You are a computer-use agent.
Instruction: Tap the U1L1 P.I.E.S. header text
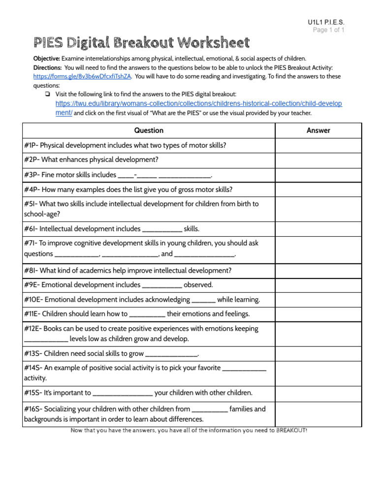point(326,23)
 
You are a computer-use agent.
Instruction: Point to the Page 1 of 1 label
point(329,30)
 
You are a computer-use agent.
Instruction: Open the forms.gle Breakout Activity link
point(82,76)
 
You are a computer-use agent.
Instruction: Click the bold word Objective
point(46,58)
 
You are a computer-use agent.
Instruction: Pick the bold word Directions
point(47,67)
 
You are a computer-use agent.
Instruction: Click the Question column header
point(149,130)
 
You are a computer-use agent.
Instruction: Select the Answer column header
point(318,130)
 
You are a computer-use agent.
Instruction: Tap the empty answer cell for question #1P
point(318,145)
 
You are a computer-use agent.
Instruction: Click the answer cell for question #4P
point(318,189)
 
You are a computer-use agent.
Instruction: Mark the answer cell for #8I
point(318,270)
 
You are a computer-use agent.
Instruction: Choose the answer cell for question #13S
point(318,353)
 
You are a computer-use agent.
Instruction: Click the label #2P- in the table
point(31,160)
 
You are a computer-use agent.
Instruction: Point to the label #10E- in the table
point(33,299)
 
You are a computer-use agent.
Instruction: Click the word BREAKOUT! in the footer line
point(291,431)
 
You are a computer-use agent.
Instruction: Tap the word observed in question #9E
point(198,284)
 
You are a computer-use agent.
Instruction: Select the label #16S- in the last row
point(33,409)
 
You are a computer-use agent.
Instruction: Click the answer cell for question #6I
point(318,229)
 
